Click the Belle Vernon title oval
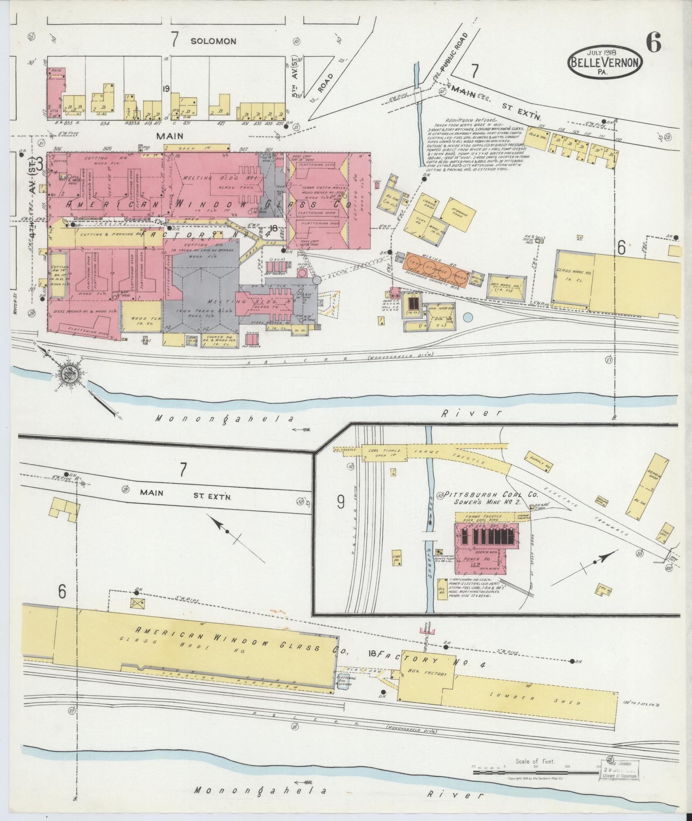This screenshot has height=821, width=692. click(606, 62)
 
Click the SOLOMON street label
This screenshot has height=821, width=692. click(213, 41)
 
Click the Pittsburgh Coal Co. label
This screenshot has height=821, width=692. click(492, 494)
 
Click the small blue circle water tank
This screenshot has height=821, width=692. click(469, 318)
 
